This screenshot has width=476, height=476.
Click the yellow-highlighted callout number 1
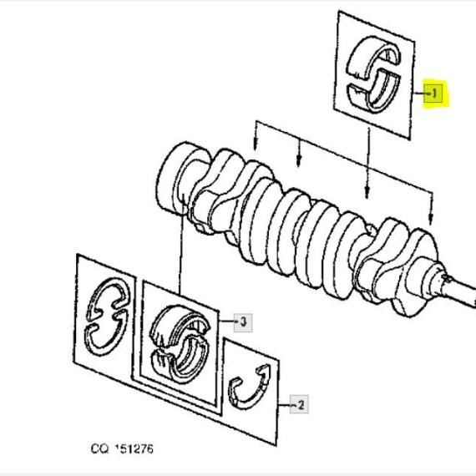coord(434,94)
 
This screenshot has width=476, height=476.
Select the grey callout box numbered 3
coord(243,322)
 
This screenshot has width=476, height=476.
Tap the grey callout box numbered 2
coord(299,404)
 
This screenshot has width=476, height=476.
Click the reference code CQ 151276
coord(122,448)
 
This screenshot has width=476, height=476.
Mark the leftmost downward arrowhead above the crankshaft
coord(256,145)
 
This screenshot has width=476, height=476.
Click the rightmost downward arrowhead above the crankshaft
coord(430,220)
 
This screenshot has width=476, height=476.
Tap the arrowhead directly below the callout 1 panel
coord(367,193)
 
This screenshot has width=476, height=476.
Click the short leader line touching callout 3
coord(226,321)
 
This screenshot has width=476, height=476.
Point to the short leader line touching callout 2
coord(285,405)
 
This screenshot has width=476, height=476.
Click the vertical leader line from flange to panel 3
coord(181,245)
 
